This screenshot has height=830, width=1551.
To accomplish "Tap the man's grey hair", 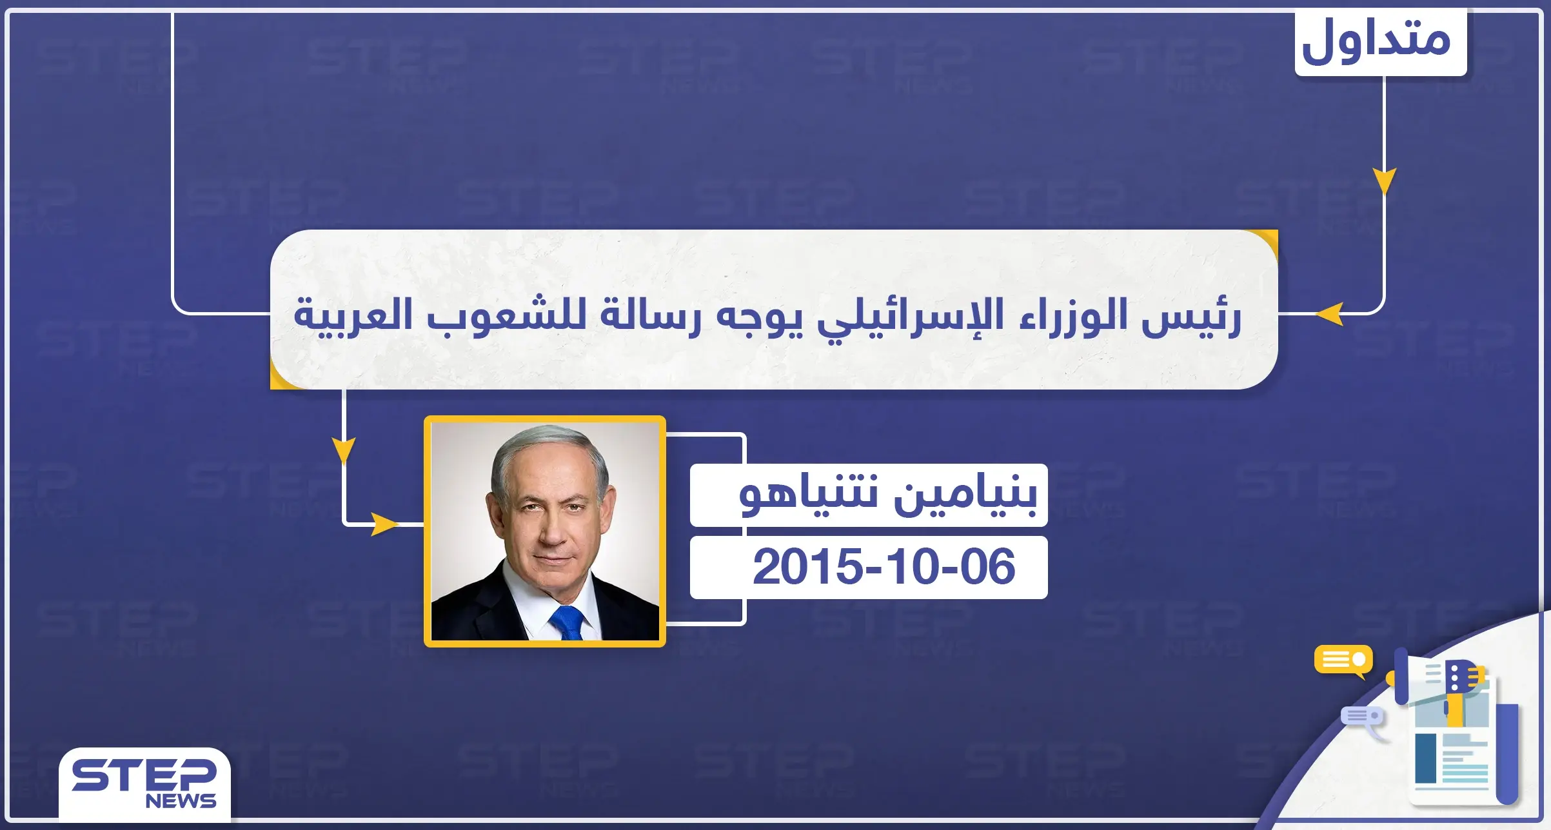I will pyautogui.click(x=548, y=445).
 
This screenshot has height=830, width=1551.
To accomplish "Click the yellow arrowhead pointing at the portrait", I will pyautogui.click(x=384, y=524).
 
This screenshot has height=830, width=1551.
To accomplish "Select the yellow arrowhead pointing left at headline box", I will pyautogui.click(x=1330, y=315).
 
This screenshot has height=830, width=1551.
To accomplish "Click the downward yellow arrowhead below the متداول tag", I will pyautogui.click(x=1384, y=181).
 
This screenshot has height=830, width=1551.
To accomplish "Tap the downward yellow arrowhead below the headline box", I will pyautogui.click(x=344, y=450).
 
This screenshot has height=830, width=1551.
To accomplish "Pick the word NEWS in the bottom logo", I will pyautogui.click(x=181, y=802).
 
